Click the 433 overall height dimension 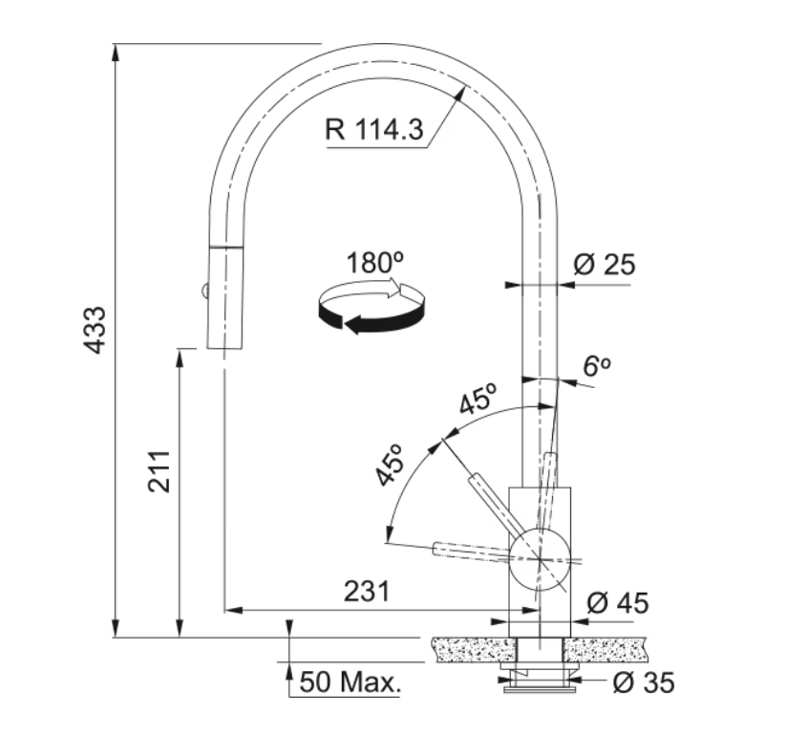95,330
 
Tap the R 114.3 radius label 374,129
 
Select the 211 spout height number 159,471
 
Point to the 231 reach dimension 367,591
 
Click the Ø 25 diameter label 604,265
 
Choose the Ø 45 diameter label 618,602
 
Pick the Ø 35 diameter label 644,682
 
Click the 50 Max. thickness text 351,682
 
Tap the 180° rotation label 375,263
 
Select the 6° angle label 597,366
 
